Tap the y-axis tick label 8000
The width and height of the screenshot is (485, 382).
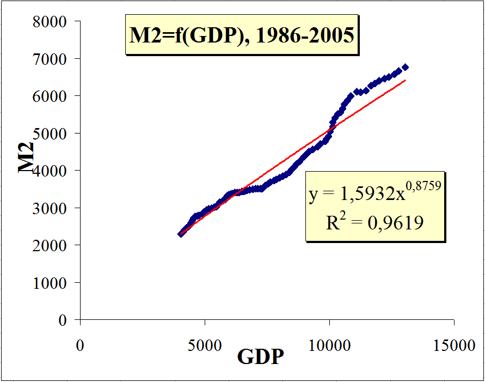[51, 22]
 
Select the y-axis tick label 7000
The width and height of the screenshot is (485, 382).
[51, 59]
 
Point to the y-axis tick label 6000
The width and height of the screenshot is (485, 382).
[51, 96]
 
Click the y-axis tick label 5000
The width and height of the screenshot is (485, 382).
[51, 134]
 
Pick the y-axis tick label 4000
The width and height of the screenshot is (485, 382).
[51, 171]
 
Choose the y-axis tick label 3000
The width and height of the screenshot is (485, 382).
[51, 208]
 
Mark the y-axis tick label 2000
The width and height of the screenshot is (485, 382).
[51, 245]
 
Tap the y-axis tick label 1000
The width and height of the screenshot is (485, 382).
[51, 283]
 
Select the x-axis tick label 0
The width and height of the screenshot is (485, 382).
[80, 346]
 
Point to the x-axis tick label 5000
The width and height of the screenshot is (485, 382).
[205, 346]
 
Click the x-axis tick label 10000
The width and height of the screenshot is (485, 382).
[329, 346]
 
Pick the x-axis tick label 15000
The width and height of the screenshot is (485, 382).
[454, 346]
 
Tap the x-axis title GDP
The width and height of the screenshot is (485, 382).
[260, 357]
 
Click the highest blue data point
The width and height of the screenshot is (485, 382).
[405, 67]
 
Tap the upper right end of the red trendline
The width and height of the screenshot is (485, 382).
[405, 80]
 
